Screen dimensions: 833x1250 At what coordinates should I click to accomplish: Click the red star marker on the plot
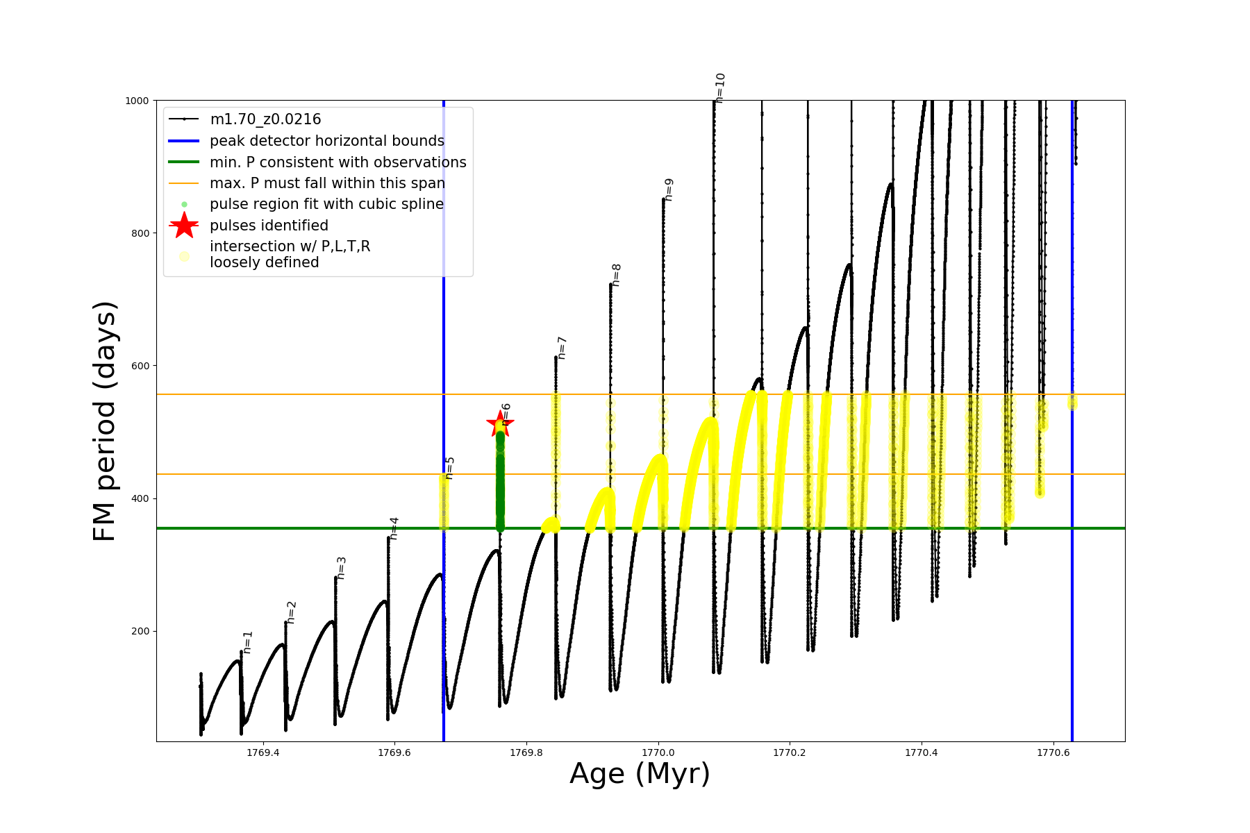pyautogui.click(x=500, y=424)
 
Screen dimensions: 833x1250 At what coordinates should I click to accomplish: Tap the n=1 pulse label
pyautogui.click(x=248, y=642)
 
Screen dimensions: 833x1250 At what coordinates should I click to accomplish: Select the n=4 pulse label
pyautogui.click(x=394, y=528)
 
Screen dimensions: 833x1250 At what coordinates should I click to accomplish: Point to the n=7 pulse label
pyautogui.click(x=562, y=347)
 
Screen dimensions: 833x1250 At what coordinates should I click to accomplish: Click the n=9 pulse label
pyautogui.click(x=669, y=190)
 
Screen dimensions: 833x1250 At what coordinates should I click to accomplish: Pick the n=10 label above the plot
pyautogui.click(x=720, y=87)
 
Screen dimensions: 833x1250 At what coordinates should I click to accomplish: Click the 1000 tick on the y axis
pyautogui.click(x=137, y=101)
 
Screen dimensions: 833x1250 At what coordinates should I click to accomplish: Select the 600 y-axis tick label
pyautogui.click(x=140, y=366)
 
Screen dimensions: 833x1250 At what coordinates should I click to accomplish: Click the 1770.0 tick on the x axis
pyautogui.click(x=658, y=752)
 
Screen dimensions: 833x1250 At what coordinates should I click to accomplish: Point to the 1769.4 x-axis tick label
pyautogui.click(x=262, y=752)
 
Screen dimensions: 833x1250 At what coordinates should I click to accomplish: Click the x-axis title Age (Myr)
pyautogui.click(x=640, y=774)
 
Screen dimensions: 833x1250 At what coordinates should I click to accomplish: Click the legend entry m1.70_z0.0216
pyautogui.click(x=265, y=119)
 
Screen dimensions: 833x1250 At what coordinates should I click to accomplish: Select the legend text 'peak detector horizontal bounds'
pyautogui.click(x=326, y=141)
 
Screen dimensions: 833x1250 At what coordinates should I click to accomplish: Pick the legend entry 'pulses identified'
pyautogui.click(x=269, y=226)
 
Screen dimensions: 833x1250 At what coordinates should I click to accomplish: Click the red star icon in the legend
pyautogui.click(x=184, y=226)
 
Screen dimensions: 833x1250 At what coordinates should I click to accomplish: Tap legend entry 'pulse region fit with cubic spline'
pyautogui.click(x=326, y=204)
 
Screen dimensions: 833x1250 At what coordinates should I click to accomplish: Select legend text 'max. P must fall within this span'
pyautogui.click(x=327, y=183)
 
